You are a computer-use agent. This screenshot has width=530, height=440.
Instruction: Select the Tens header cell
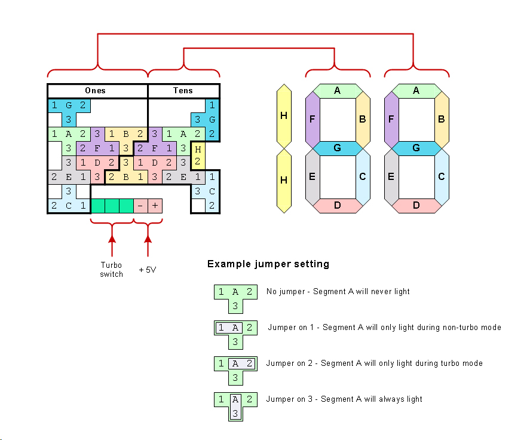tap(183, 91)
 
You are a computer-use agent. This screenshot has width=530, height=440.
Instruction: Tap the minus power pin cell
tap(140, 206)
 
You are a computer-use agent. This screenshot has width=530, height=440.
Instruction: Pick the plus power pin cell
tap(155, 206)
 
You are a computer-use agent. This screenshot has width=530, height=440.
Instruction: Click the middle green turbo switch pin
tap(112, 206)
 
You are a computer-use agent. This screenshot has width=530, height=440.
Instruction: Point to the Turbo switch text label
tap(111, 270)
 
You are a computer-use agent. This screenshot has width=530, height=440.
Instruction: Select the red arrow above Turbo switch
tap(112, 245)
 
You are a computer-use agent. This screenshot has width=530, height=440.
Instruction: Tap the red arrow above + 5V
tap(148, 245)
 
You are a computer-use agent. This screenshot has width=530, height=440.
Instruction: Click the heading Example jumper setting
tap(268, 264)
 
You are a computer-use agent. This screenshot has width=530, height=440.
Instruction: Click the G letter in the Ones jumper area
tap(69, 105)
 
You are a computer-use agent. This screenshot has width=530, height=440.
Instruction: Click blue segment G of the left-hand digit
tap(337, 148)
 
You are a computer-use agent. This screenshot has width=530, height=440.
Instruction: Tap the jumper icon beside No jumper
tap(235, 298)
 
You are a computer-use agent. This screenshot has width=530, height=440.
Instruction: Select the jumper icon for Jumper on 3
tap(235, 405)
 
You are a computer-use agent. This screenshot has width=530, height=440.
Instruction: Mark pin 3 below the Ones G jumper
tap(69, 120)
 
